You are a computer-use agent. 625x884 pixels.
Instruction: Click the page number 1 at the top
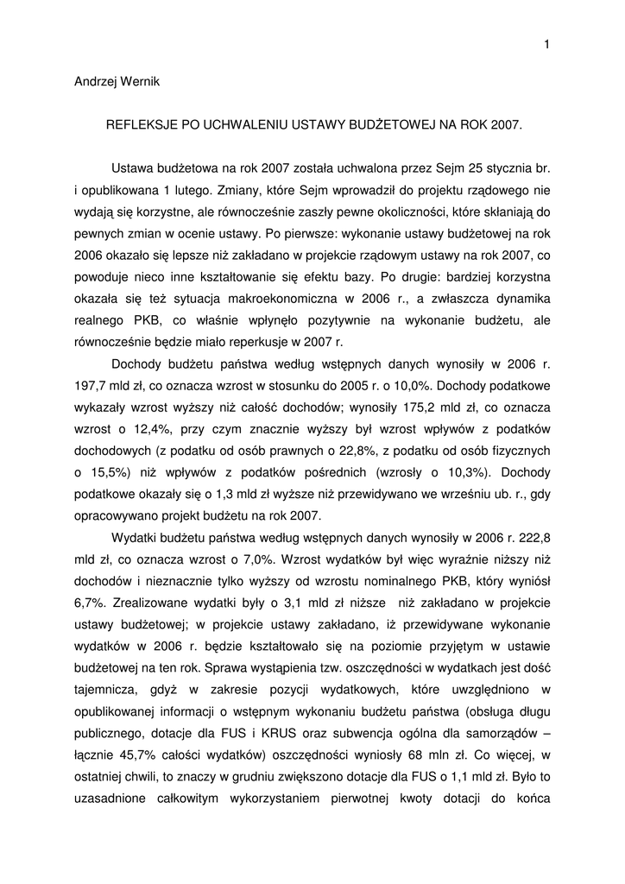pyautogui.click(x=547, y=45)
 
